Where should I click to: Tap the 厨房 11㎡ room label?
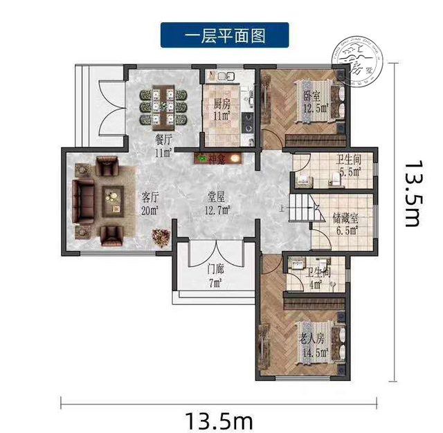221,111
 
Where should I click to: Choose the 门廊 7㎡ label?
215,276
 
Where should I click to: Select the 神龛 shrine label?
219,158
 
